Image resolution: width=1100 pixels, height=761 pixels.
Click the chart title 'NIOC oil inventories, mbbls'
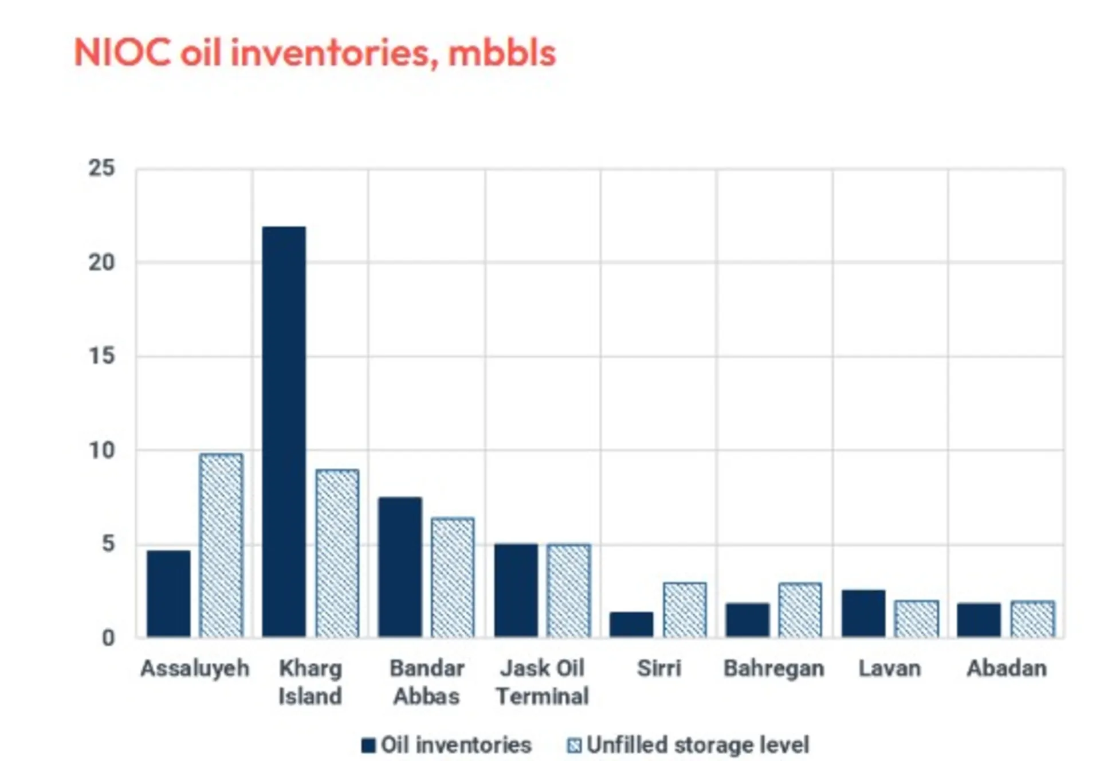[315, 53]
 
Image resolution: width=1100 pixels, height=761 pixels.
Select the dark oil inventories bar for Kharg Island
[284, 432]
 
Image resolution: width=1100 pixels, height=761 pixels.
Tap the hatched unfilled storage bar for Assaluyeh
[221, 545]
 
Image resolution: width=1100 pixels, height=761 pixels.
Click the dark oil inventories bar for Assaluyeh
[168, 594]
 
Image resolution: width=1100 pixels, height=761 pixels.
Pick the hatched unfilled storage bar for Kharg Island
[337, 553]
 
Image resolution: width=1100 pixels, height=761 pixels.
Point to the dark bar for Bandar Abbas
[400, 567]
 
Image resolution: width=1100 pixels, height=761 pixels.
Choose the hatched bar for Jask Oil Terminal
[568, 590]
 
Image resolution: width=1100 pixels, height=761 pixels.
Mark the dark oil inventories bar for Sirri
[631, 625]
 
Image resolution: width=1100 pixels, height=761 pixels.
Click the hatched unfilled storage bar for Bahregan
[800, 610]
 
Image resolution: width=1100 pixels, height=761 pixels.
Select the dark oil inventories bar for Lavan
[863, 613]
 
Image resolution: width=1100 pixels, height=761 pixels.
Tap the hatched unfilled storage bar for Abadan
[1032, 619]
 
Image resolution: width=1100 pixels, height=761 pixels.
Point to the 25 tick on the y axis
[101, 169]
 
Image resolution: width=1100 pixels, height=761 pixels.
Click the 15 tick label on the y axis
[101, 356]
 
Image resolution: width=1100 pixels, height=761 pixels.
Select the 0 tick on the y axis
[108, 638]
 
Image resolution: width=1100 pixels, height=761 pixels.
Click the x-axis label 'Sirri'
[659, 668]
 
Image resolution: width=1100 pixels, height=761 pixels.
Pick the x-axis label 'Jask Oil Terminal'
[542, 682]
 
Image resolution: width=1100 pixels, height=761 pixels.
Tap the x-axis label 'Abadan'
[1007, 668]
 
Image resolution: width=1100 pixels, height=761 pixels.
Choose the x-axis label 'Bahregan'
[774, 669]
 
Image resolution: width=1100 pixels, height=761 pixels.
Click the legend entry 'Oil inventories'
[446, 745]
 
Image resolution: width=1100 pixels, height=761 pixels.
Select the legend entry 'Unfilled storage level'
[688, 745]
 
